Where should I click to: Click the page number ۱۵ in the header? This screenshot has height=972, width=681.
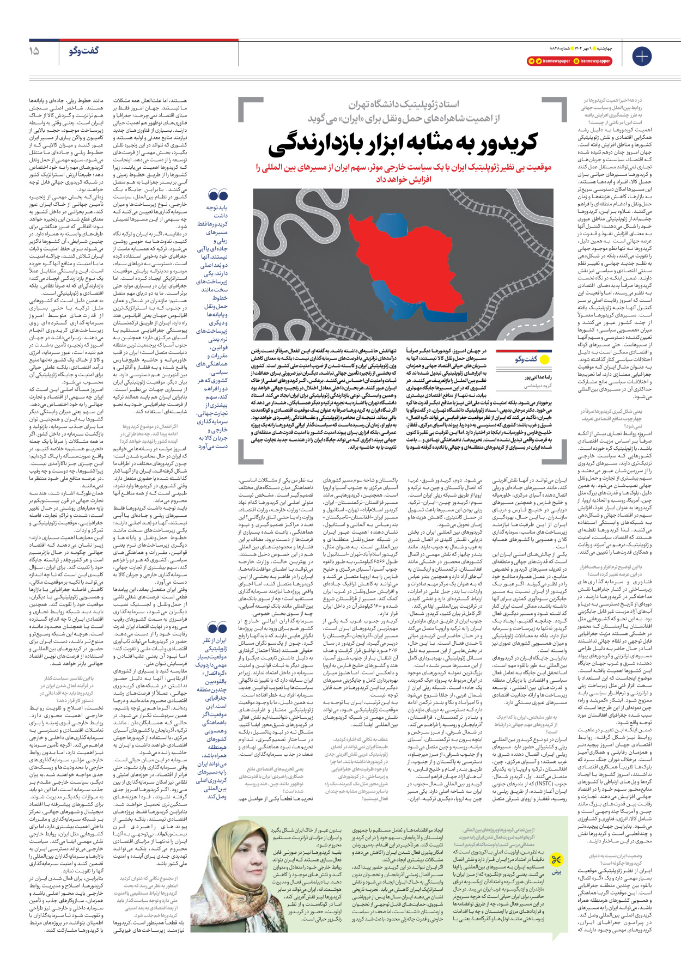[34, 51]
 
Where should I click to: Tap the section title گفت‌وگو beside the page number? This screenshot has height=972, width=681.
[84, 51]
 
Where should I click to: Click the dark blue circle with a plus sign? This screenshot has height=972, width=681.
[641, 56]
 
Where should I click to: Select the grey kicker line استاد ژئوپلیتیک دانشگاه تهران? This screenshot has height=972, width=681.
[404, 104]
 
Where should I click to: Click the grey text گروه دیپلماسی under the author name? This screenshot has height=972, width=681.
[538, 386]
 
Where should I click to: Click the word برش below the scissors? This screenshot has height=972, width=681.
[556, 872]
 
